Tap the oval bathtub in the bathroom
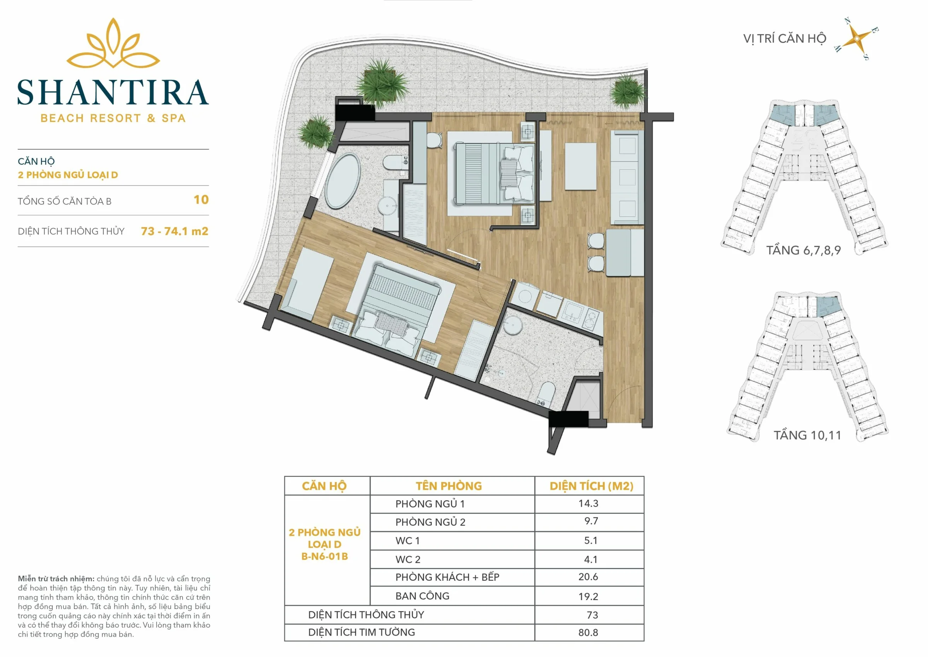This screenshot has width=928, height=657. point(343,181)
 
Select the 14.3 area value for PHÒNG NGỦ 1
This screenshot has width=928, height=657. point(588,503)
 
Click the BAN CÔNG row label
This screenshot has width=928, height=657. point(422,596)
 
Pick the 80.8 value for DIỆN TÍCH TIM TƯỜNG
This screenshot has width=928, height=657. point(588,632)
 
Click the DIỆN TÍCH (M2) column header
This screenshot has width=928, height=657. point(591,486)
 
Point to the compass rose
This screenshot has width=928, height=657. point(857,39)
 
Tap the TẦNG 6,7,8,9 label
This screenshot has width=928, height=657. point(803,250)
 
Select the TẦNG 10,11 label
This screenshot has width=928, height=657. point(808,435)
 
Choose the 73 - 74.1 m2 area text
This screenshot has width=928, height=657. point(175,231)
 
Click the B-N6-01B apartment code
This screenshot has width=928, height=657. point(324,556)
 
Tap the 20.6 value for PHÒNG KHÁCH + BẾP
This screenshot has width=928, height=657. point(588,577)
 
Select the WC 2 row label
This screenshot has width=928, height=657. point(408,559)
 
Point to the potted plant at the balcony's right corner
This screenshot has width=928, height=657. point(628,91)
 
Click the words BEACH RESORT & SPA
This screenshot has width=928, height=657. point(113,118)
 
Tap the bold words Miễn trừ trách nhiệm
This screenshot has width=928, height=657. point(56,579)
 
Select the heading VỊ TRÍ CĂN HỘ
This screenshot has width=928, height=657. point(785,38)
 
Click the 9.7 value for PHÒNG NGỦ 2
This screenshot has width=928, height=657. point(591,521)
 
